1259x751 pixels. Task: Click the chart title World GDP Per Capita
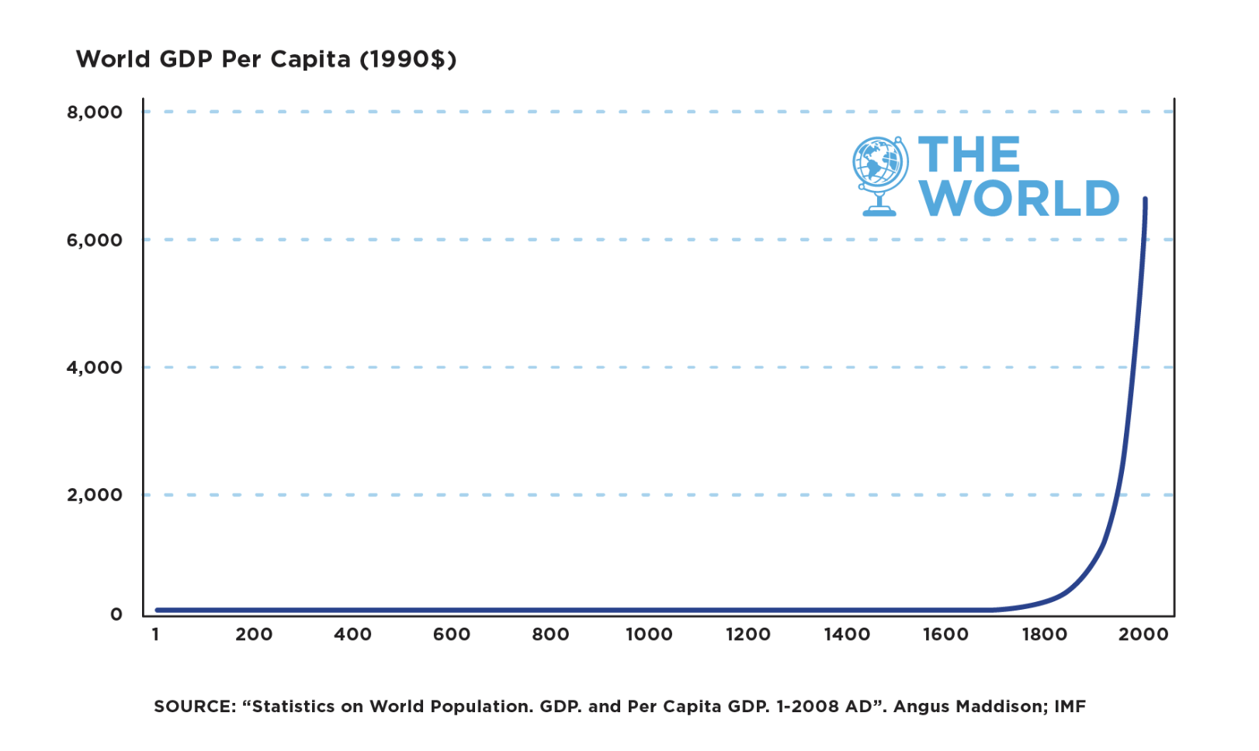point(265,60)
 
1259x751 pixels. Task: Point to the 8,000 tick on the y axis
point(95,112)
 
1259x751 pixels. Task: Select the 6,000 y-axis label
point(95,241)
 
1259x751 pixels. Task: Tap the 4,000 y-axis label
point(95,368)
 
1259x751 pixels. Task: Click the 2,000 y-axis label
point(95,495)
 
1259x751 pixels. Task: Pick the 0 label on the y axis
point(116,615)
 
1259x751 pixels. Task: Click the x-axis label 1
point(156,635)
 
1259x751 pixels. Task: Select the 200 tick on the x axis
point(254,635)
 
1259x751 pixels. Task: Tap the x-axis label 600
point(452,635)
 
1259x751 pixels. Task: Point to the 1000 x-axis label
point(649,635)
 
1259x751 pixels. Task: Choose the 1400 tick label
point(847,635)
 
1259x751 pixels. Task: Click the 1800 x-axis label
point(1044,635)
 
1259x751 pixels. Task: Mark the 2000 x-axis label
point(1143,635)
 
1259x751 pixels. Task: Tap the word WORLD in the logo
point(1019,199)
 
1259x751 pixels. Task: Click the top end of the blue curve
point(1145,200)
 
